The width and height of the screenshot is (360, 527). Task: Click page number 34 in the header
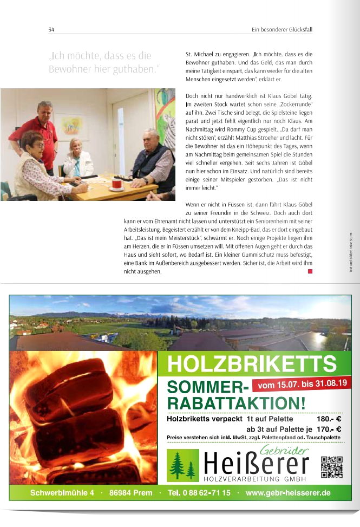[x=51, y=29]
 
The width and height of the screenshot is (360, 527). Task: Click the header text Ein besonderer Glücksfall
[x=282, y=29]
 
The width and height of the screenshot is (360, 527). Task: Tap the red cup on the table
[x=116, y=184]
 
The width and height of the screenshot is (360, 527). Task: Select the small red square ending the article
[x=310, y=271]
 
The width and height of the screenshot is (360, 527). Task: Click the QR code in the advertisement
[x=331, y=467]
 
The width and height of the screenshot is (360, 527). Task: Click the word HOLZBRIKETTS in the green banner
[x=251, y=363]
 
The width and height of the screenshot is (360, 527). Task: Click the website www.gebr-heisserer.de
[x=287, y=493]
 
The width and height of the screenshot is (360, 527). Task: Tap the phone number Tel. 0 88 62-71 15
[x=199, y=493]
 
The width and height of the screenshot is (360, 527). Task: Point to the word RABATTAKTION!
[x=237, y=403]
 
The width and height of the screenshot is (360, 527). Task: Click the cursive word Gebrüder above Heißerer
[x=284, y=450]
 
